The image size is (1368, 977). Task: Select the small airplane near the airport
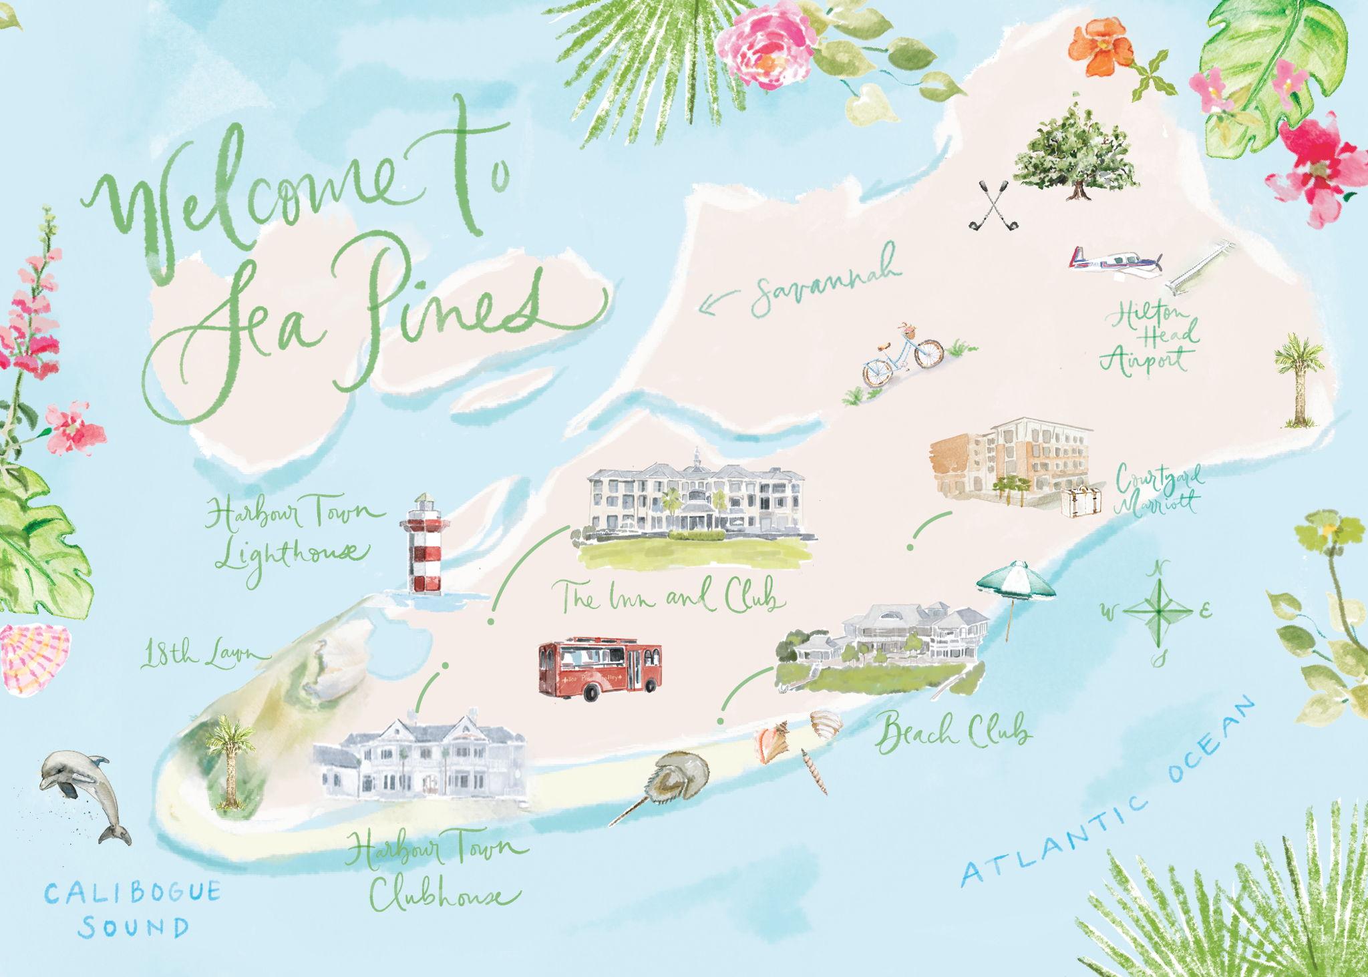pyautogui.click(x=1116, y=260)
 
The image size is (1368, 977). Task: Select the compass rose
pyautogui.click(x=1160, y=610)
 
